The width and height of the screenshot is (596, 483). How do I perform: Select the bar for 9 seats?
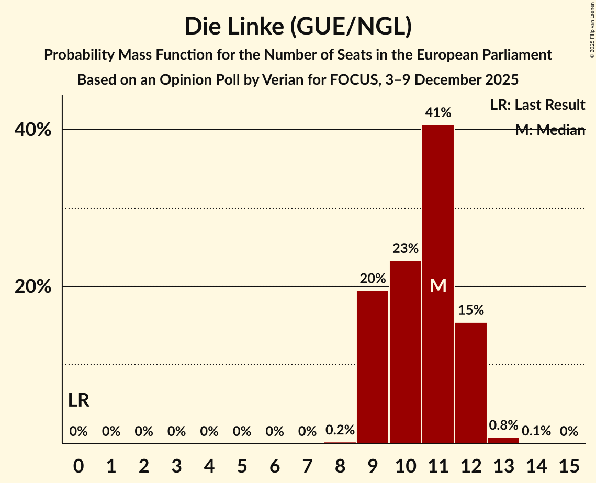[373, 366]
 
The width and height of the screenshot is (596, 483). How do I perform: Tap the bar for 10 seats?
[406, 351]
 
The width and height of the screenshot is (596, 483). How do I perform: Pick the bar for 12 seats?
[471, 382]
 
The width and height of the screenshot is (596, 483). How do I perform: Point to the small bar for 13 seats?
[503, 440]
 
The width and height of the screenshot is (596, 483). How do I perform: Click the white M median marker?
[438, 286]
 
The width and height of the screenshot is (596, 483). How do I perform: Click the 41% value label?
[438, 112]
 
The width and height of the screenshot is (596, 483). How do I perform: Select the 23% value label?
[406, 248]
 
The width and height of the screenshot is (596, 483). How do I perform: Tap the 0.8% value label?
[503, 425]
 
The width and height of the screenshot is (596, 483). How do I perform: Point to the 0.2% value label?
[340, 430]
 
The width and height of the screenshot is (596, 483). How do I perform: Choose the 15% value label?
[471, 310]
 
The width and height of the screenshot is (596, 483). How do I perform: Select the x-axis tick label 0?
[78, 465]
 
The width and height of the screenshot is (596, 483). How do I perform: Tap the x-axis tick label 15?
[569, 465]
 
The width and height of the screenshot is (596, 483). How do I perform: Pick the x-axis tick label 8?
[340, 465]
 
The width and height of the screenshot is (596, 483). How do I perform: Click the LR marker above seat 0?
[78, 401]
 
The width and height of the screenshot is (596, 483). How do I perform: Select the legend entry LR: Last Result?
[537, 105]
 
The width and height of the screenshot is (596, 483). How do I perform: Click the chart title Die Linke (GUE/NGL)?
[298, 27]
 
